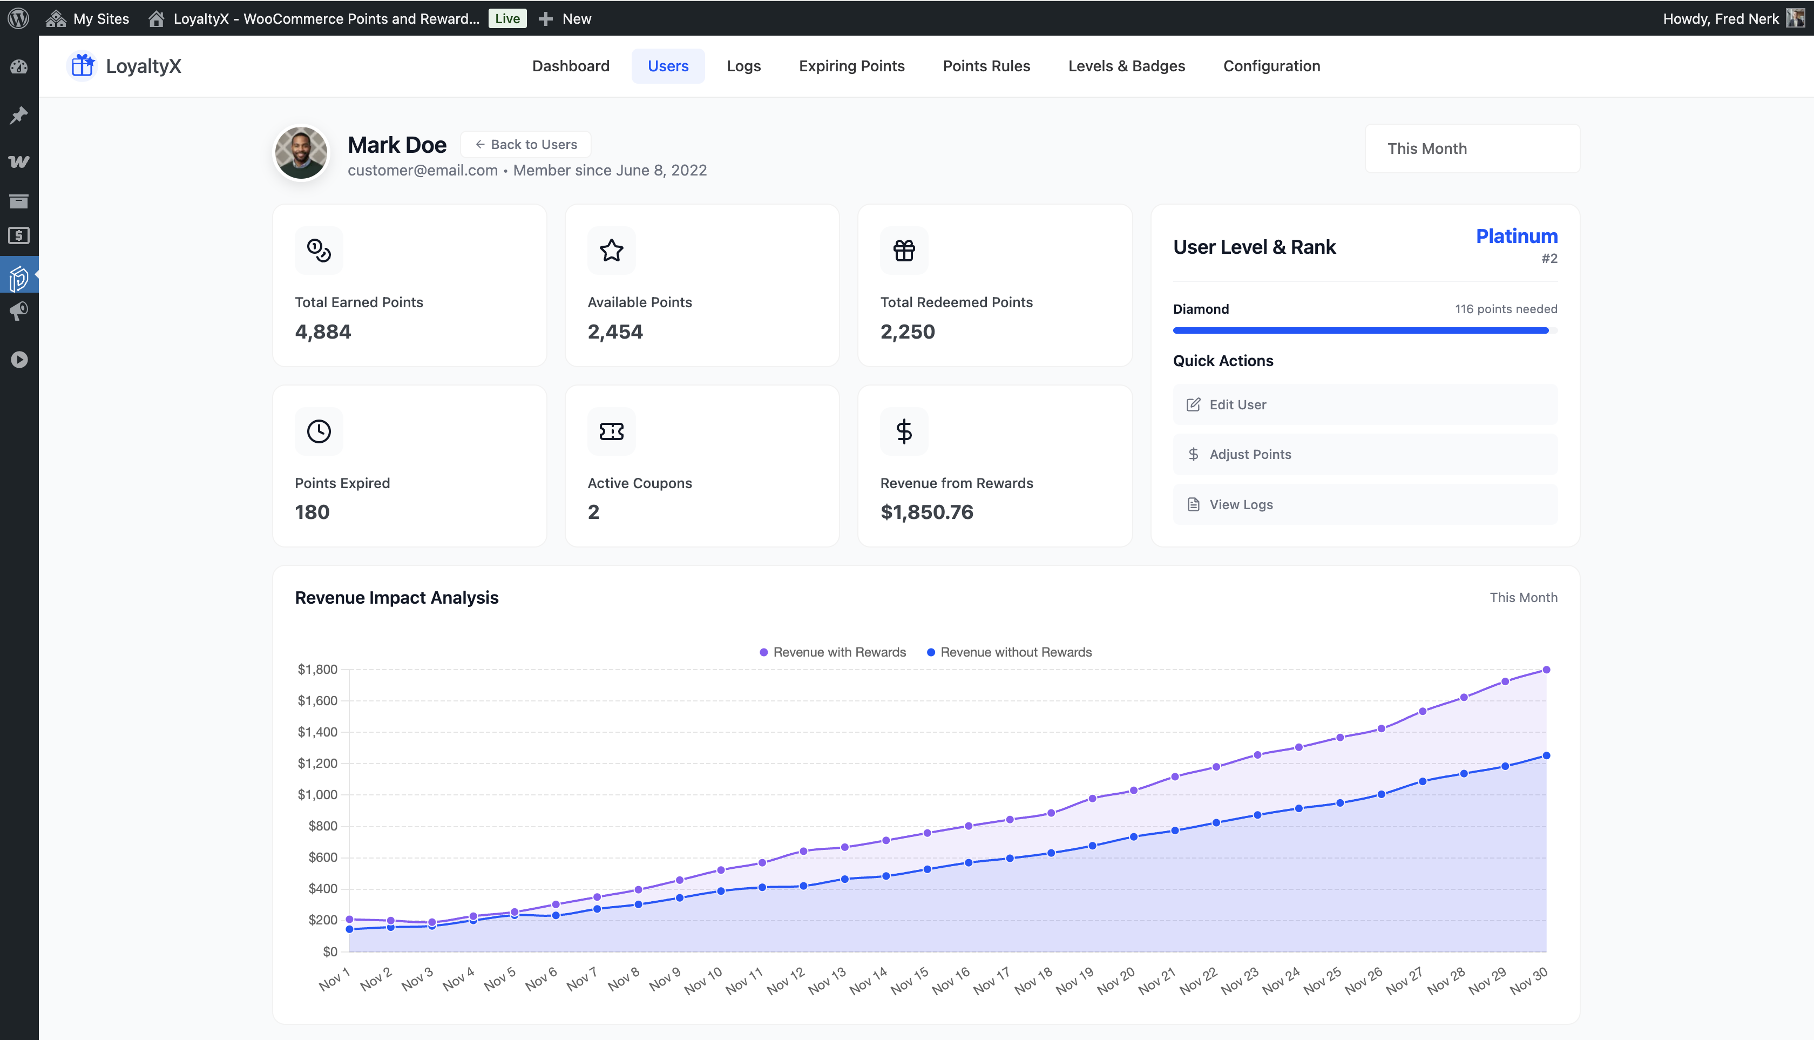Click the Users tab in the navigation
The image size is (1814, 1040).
click(668, 66)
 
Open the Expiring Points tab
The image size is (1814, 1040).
click(851, 66)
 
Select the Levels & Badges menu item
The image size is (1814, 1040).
click(1126, 66)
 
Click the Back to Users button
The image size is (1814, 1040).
click(526, 144)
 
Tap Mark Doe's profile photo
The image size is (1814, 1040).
click(301, 153)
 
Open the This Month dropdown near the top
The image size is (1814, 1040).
click(1472, 148)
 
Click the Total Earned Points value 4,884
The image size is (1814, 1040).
click(323, 332)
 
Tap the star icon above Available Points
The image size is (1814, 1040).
click(611, 251)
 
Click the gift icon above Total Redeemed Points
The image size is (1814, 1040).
click(904, 251)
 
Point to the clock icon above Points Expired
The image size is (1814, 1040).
click(319, 431)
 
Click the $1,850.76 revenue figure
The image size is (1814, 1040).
click(926, 512)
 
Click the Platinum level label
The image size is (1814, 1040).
click(1516, 237)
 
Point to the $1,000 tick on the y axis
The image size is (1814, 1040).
click(317, 794)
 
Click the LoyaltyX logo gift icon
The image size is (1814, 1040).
click(83, 66)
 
